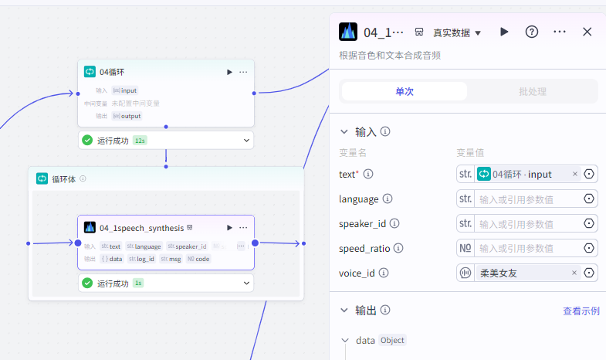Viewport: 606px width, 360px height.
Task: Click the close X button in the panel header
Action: tap(587, 32)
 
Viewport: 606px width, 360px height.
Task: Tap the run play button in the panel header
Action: tap(504, 32)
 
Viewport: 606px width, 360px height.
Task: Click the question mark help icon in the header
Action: tap(532, 32)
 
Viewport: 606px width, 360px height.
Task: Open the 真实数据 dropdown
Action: tap(456, 32)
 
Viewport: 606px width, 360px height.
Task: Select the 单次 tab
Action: tap(405, 91)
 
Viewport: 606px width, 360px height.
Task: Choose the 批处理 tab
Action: tap(533, 91)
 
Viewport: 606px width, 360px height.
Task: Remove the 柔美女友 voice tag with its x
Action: tap(574, 273)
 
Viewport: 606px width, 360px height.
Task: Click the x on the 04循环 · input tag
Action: tap(574, 174)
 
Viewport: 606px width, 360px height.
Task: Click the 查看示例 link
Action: tap(581, 311)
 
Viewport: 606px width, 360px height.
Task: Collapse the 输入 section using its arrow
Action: tap(344, 132)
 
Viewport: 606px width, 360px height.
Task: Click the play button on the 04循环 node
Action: tap(229, 72)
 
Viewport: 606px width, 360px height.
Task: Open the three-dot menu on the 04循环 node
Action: tap(243, 72)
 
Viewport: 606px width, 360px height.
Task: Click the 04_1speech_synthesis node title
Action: tap(141, 228)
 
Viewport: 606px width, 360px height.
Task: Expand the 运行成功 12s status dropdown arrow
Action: tap(246, 140)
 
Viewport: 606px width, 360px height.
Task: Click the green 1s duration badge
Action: tap(138, 284)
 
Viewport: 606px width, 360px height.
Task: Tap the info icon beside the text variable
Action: tap(368, 175)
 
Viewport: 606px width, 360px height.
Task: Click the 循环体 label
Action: tap(64, 178)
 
